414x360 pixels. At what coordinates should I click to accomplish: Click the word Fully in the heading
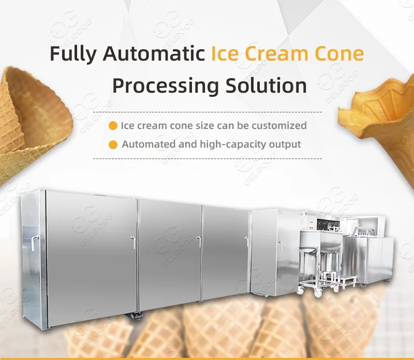pyautogui.click(x=73, y=54)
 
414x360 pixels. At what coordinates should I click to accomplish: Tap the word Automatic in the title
pyautogui.click(x=154, y=53)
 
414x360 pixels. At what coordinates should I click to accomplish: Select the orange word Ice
pyautogui.click(x=225, y=53)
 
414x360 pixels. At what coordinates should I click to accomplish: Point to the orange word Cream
pyautogui.click(x=277, y=53)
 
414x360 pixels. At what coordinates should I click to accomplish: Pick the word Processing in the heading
pyautogui.click(x=166, y=86)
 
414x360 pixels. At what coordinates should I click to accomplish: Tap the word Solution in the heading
pyautogui.click(x=266, y=85)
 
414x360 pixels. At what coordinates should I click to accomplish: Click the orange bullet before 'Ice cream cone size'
pyautogui.click(x=113, y=125)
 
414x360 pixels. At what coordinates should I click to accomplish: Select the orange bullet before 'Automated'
pyautogui.click(x=113, y=145)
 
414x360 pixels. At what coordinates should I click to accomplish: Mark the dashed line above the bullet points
pyautogui.click(x=208, y=112)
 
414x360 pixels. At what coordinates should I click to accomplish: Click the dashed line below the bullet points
pyautogui.click(x=208, y=159)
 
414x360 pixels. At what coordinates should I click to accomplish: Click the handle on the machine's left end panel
pyautogui.click(x=34, y=243)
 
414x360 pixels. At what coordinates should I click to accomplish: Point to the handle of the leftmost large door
pyautogui.click(x=133, y=242)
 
